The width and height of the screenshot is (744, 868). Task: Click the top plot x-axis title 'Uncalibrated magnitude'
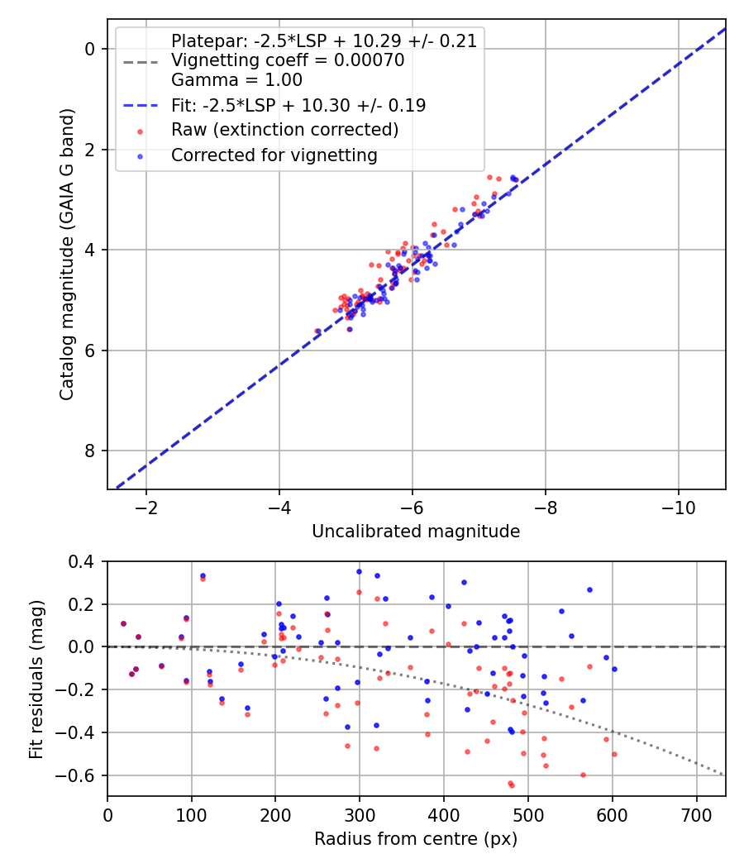pos(416,532)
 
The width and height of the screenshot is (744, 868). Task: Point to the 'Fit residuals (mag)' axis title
pos(36,679)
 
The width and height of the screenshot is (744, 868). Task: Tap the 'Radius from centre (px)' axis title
pos(416,838)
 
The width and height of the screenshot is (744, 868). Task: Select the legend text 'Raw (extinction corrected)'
pos(284,130)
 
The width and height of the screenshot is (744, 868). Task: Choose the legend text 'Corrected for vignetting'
pos(274,155)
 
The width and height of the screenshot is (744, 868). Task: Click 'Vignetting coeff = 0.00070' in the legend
pos(288,60)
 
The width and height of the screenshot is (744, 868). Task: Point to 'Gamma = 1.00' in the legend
pos(236,80)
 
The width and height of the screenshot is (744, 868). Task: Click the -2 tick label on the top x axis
pos(146,506)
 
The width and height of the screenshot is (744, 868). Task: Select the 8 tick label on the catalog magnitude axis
pos(91,451)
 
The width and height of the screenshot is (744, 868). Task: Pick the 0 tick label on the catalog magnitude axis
pos(91,49)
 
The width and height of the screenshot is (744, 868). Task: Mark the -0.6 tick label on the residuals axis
pos(80,775)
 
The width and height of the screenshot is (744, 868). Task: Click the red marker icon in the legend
pos(141,131)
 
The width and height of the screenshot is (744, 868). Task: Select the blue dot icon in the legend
pos(141,155)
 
